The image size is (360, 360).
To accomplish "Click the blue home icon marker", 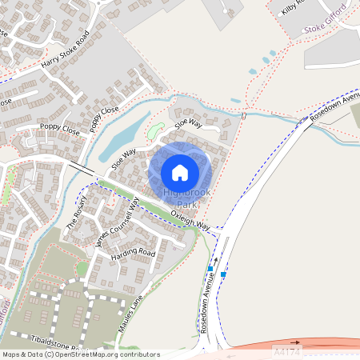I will [x=180, y=172].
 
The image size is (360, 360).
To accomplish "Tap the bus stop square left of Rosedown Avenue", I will [x=210, y=269].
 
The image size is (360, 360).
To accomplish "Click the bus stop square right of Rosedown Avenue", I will [x=223, y=274].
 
